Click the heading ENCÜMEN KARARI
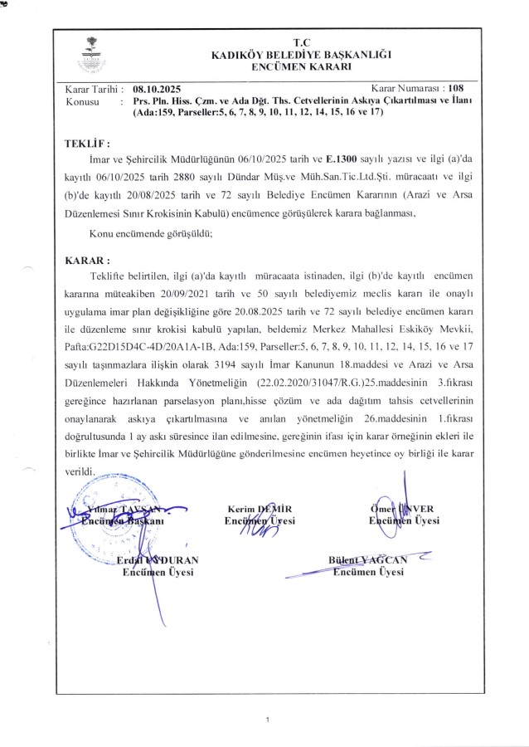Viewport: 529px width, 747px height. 300,66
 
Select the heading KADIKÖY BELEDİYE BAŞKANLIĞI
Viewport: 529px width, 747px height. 300,54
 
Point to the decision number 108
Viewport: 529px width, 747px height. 457,87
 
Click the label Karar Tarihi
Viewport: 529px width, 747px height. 94,88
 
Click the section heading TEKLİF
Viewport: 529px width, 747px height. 86,143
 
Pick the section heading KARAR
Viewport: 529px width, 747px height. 87,259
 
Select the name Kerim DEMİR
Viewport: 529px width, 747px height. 260,508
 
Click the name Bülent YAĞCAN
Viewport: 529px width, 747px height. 367,559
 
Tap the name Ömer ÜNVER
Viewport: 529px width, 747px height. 404,508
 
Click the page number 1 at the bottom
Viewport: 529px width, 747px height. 268,719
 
